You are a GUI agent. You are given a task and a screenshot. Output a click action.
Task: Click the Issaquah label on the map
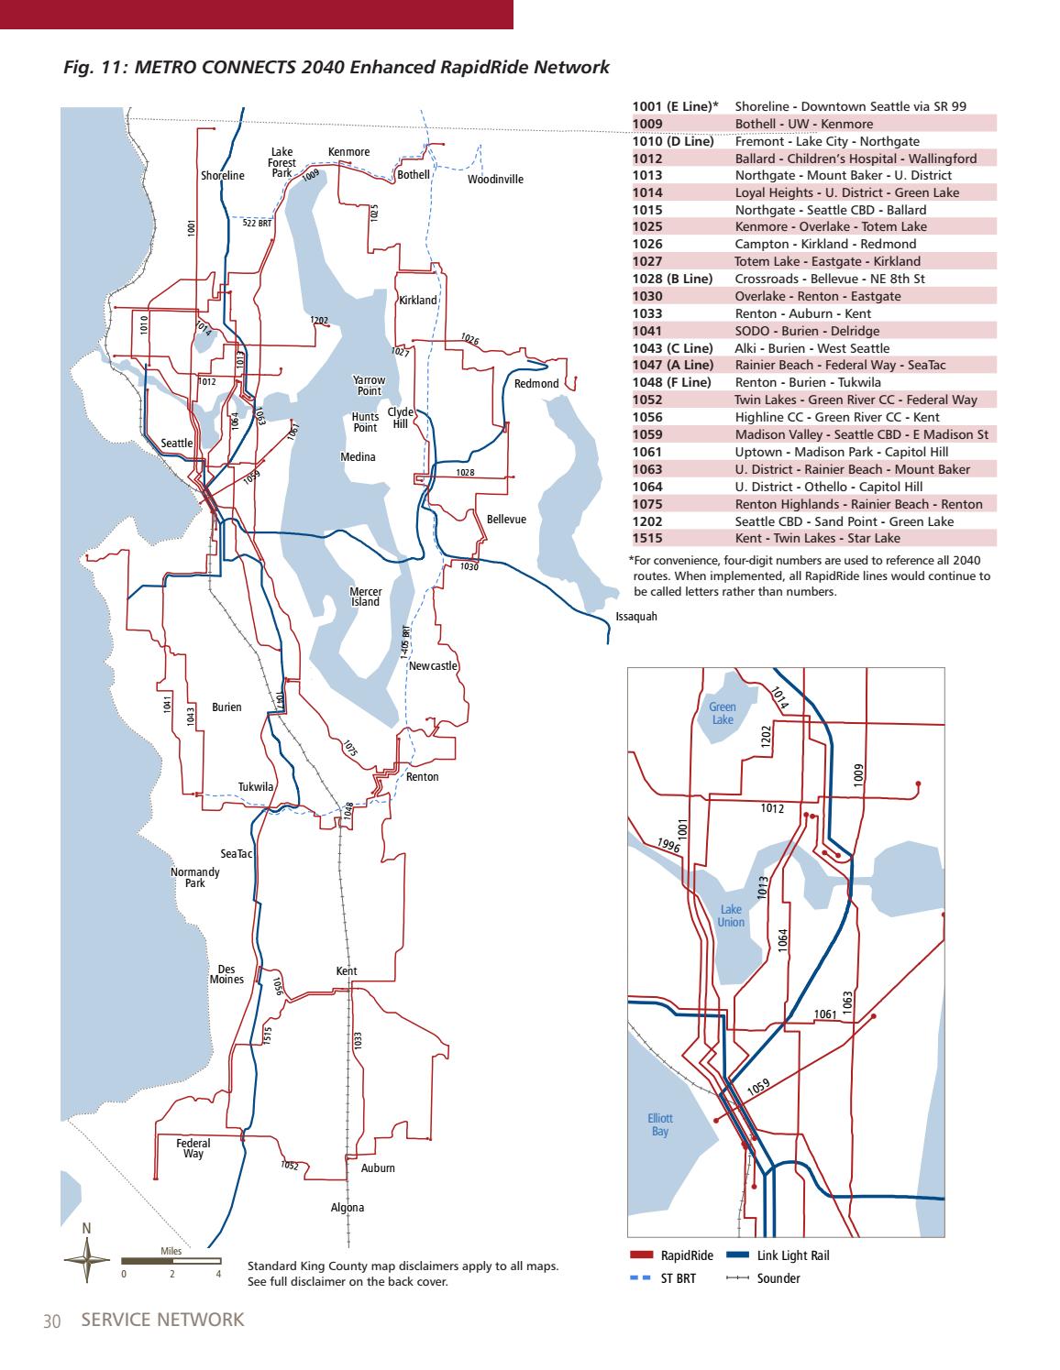tap(636, 616)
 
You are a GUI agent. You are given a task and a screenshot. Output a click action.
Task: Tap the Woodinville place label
tap(495, 180)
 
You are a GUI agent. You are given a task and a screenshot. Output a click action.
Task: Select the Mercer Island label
tap(366, 597)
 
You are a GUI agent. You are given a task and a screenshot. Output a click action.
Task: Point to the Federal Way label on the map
tap(193, 1148)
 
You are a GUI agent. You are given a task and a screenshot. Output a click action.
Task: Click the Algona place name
tap(348, 1208)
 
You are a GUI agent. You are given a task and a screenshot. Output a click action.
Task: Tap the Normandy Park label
tap(194, 877)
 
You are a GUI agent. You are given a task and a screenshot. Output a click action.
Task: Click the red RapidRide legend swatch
tap(641, 1255)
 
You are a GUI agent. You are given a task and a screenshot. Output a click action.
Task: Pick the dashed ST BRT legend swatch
tap(641, 1277)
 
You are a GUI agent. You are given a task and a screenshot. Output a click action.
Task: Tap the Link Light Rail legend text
tap(792, 1255)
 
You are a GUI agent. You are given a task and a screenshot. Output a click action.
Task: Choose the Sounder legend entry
tap(778, 1277)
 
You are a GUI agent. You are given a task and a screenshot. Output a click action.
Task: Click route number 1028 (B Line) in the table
tap(673, 279)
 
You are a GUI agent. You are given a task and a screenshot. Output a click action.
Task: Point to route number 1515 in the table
tap(647, 539)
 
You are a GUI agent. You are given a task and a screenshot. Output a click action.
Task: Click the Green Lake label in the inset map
tap(723, 713)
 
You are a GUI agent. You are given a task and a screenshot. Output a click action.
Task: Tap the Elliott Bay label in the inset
tap(660, 1124)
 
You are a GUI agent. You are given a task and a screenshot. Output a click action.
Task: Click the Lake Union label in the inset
tap(731, 915)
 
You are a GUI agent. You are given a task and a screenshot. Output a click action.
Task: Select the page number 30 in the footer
tap(50, 1321)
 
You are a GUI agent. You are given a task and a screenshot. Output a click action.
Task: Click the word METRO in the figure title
tap(169, 67)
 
